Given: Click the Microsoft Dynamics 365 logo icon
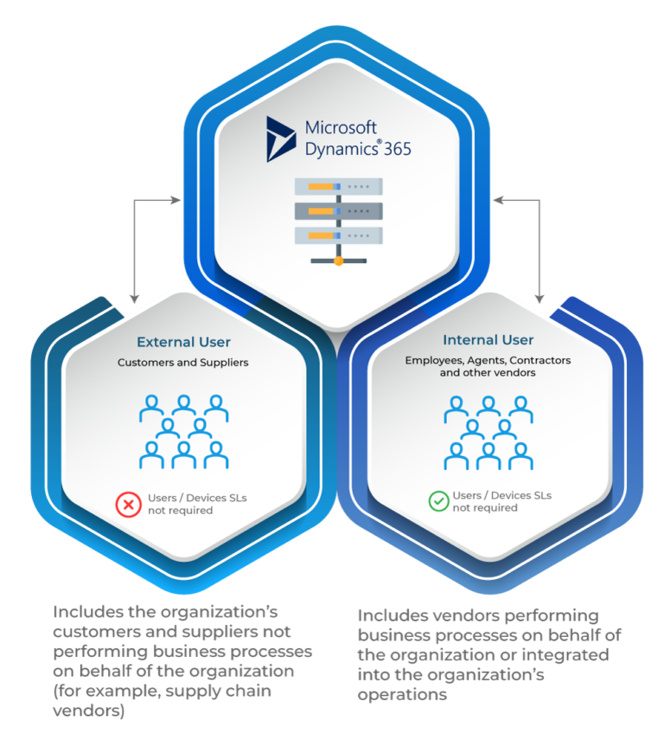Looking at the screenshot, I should pyautogui.click(x=281, y=138).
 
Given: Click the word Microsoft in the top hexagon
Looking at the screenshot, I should pyautogui.click(x=341, y=128).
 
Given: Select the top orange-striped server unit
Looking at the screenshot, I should pyautogui.click(x=338, y=186).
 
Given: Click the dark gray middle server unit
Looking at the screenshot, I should pyautogui.click(x=338, y=210).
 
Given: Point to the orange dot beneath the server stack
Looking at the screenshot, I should pyautogui.click(x=338, y=261).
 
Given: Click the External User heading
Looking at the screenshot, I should pyautogui.click(x=183, y=342).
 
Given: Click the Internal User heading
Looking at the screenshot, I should pyautogui.click(x=488, y=340).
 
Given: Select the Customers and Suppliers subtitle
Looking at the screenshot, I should pyautogui.click(x=183, y=363).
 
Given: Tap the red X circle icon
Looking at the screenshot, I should pyautogui.click(x=129, y=503).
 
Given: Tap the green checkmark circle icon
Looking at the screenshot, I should pyautogui.click(x=439, y=501).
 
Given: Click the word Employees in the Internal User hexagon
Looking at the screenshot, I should pyautogui.click(x=432, y=360).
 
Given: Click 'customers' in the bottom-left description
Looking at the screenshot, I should pyautogui.click(x=96, y=631).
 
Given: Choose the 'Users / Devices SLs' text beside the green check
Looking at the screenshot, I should pyautogui.click(x=502, y=495).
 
